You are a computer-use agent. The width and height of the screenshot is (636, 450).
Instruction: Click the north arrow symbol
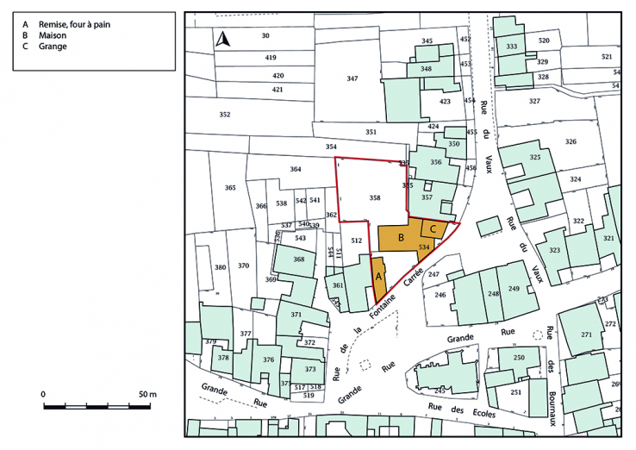(222, 39)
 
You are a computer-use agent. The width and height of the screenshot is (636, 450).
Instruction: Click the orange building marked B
(402, 237)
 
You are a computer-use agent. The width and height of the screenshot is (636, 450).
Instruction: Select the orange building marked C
(434, 228)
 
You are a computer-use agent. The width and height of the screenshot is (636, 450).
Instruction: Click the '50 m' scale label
(147, 394)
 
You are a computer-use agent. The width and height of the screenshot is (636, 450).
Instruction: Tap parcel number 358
(374, 198)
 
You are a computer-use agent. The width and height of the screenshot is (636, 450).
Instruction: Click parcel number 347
(352, 78)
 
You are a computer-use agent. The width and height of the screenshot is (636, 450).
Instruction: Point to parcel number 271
(587, 334)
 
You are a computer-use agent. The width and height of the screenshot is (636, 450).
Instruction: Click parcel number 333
(512, 47)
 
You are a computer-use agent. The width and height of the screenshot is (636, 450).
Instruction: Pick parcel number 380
(221, 267)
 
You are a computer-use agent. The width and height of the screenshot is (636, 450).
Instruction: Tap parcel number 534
(423, 247)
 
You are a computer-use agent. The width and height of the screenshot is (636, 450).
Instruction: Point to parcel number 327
(534, 102)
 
